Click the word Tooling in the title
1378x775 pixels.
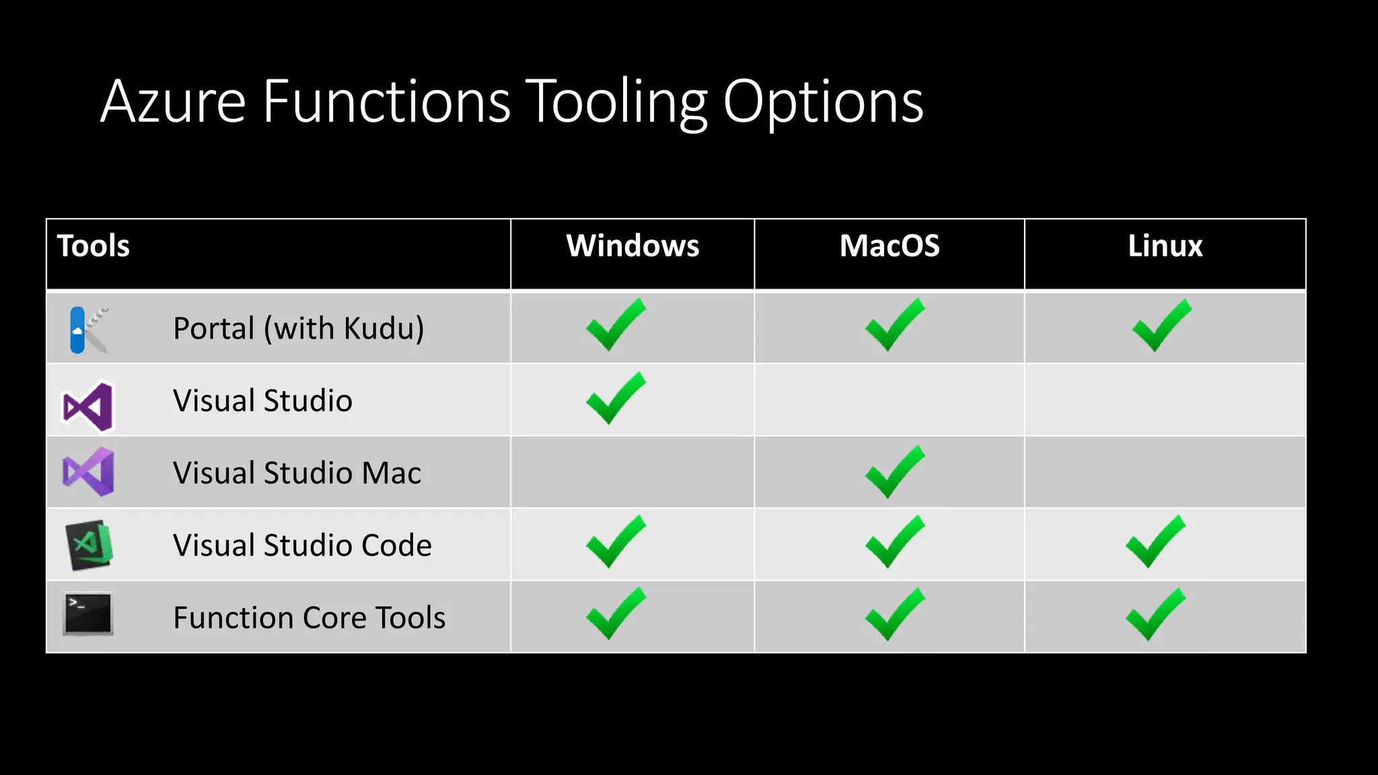(616, 102)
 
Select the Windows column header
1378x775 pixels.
(632, 246)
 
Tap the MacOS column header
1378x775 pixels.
(889, 246)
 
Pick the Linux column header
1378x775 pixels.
(1165, 246)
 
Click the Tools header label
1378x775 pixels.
(94, 246)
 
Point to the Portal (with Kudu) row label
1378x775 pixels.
(298, 328)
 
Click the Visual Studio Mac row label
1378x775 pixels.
(297, 473)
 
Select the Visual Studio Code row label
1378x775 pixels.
(302, 545)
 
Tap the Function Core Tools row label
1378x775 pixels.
(309, 618)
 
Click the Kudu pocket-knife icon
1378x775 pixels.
(88, 330)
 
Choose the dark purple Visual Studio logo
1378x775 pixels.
(87, 406)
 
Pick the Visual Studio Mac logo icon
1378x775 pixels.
(88, 472)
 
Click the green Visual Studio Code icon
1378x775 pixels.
(89, 545)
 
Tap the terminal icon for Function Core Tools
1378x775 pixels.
(88, 614)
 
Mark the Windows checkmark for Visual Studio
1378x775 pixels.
(616, 398)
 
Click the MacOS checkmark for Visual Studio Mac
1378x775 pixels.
(894, 472)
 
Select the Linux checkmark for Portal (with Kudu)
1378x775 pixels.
(1161, 326)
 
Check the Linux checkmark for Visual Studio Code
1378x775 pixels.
(1155, 542)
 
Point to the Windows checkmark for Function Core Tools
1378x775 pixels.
(616, 614)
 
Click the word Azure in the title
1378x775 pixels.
(174, 102)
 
